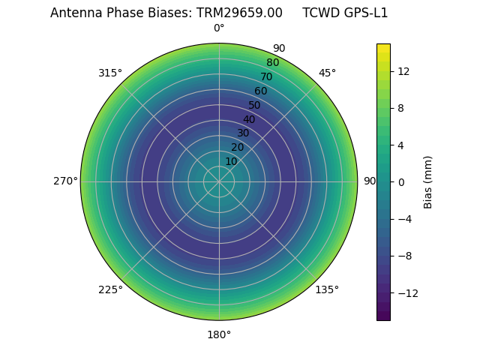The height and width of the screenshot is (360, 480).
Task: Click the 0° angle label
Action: pos(219,28)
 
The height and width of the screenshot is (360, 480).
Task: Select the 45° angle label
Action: pos(327,73)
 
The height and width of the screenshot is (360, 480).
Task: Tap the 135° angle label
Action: pos(327,289)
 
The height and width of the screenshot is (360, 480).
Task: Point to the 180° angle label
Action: pos(219,334)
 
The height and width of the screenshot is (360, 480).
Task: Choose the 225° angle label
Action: pos(110,289)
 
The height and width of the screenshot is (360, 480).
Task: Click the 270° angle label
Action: pos(65,181)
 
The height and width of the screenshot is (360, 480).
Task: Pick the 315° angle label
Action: pos(110,73)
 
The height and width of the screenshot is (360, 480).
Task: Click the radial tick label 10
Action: pos(231,161)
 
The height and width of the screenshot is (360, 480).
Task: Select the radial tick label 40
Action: pos(249,119)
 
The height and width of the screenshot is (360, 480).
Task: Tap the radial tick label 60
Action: pos(260,91)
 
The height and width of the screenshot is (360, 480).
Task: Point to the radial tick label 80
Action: pos(272,63)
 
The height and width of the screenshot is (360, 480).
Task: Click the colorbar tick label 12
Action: pos(403,71)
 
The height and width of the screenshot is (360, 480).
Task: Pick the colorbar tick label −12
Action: pos(406,292)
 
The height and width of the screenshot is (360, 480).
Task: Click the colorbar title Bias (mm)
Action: pos(428,181)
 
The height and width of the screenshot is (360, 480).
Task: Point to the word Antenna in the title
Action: pos(73,13)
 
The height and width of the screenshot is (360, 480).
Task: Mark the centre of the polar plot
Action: pos(219,181)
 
